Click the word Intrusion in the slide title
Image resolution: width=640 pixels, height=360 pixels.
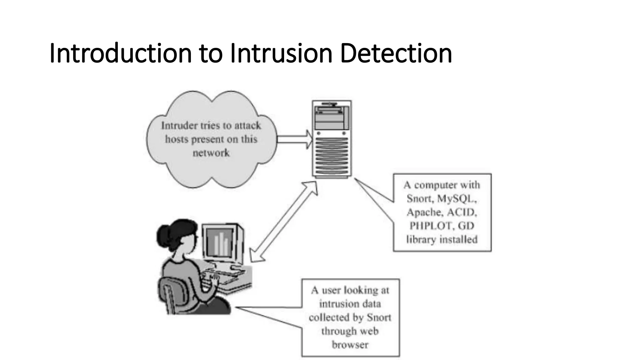(x=281, y=53)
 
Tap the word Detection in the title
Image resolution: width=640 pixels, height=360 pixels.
(x=396, y=53)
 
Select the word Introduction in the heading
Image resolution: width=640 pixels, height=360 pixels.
(x=121, y=53)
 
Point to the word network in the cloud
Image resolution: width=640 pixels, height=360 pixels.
(x=211, y=153)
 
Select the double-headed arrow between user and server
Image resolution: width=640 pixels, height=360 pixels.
(x=284, y=222)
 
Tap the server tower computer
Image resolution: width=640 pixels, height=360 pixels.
(x=332, y=139)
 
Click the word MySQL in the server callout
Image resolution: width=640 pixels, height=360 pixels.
(x=457, y=199)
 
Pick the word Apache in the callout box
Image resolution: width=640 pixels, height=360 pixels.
(x=425, y=212)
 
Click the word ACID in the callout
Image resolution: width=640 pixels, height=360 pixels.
(x=462, y=212)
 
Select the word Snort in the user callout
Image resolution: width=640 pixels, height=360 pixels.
(x=379, y=317)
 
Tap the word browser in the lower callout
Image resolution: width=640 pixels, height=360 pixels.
(x=350, y=345)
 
